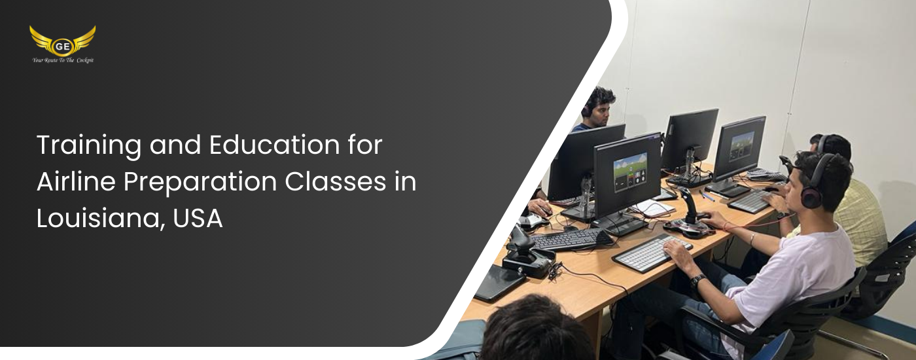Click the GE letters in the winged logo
pyautogui.click(x=62, y=46)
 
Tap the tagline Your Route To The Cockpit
pyautogui.click(x=63, y=60)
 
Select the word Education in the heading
pyautogui.click(x=274, y=145)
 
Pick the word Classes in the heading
pyautogui.click(x=335, y=181)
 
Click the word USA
pyautogui.click(x=198, y=219)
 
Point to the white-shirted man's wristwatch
pyautogui.click(x=697, y=281)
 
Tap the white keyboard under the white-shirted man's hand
pyautogui.click(x=652, y=253)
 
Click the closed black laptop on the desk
pyautogui.click(x=499, y=283)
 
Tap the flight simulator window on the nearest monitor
pyautogui.click(x=630, y=171)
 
